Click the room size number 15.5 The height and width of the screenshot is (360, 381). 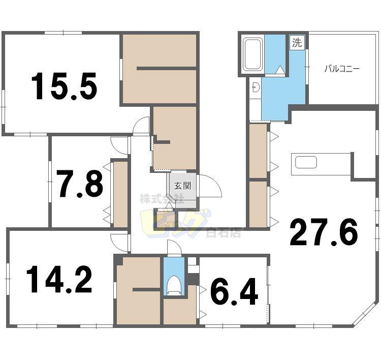[x=65, y=86]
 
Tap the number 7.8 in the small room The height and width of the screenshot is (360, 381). [x=80, y=184]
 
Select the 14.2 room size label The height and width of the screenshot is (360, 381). [x=59, y=279]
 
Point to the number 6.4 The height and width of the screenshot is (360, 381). [x=234, y=291]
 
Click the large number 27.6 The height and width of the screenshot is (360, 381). [x=324, y=232]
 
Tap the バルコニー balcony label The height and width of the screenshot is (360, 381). [x=342, y=69]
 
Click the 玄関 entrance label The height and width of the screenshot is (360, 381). [x=182, y=186]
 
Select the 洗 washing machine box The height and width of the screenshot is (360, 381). [x=297, y=43]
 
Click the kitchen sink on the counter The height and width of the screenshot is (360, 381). [x=306, y=162]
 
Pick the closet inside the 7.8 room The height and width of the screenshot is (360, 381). [x=120, y=194]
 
